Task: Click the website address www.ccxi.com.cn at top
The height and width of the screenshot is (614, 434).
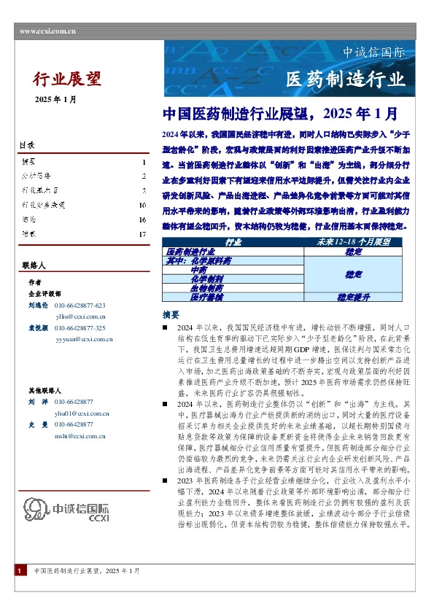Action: point(48,31)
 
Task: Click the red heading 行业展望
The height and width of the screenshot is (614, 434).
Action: point(68,79)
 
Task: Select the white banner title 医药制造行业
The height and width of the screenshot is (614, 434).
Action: point(345,79)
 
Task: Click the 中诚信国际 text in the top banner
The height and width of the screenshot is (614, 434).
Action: point(373,53)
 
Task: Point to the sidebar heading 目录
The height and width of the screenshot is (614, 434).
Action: point(27,146)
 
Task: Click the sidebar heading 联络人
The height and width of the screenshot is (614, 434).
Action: point(33,267)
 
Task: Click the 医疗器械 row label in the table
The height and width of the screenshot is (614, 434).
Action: point(185,298)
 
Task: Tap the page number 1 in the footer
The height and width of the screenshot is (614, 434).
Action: point(18,591)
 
